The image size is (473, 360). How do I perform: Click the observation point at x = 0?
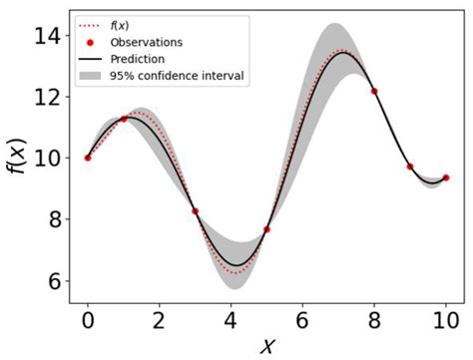click(x=88, y=158)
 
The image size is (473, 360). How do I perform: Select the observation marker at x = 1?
click(x=124, y=119)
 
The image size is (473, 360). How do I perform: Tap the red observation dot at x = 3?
click(x=196, y=211)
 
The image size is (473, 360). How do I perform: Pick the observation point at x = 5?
click(x=266, y=229)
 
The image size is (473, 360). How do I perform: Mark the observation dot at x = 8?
click(x=374, y=91)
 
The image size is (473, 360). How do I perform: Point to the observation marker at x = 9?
click(x=410, y=167)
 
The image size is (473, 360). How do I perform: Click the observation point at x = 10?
click(x=446, y=178)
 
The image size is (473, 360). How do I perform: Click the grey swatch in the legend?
click(x=91, y=76)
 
